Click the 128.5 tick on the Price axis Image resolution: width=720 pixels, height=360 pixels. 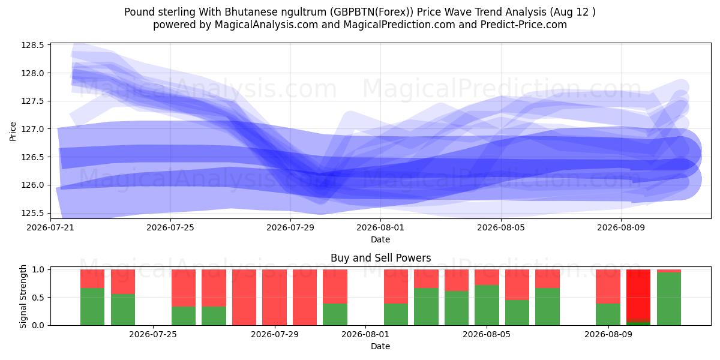click(x=32, y=45)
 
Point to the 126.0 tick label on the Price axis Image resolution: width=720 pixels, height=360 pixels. click(x=32, y=185)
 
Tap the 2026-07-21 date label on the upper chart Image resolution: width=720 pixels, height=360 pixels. click(x=50, y=227)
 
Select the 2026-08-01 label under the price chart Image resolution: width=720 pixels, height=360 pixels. click(x=380, y=227)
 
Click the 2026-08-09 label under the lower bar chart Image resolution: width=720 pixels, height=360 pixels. click(x=608, y=334)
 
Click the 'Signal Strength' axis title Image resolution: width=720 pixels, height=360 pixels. click(x=23, y=296)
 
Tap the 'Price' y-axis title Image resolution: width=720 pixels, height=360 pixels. click(x=13, y=131)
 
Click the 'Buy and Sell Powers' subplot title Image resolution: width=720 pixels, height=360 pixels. click(x=380, y=258)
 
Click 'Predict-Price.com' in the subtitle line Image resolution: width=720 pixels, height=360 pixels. click(x=524, y=25)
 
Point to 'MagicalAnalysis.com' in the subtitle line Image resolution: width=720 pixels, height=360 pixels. click(x=266, y=25)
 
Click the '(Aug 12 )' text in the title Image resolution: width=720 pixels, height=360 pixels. click(x=572, y=12)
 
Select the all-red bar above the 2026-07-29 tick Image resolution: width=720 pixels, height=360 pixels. click(x=275, y=298)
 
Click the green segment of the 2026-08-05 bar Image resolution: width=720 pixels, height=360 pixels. click(x=487, y=305)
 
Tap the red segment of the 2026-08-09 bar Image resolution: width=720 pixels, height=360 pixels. click(x=608, y=286)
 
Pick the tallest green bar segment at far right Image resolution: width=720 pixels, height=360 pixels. click(x=669, y=299)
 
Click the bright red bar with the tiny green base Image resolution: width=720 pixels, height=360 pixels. click(x=638, y=296)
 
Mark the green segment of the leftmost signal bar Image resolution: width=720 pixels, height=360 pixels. click(x=92, y=307)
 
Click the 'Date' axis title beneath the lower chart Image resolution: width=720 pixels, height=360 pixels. click(x=380, y=346)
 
